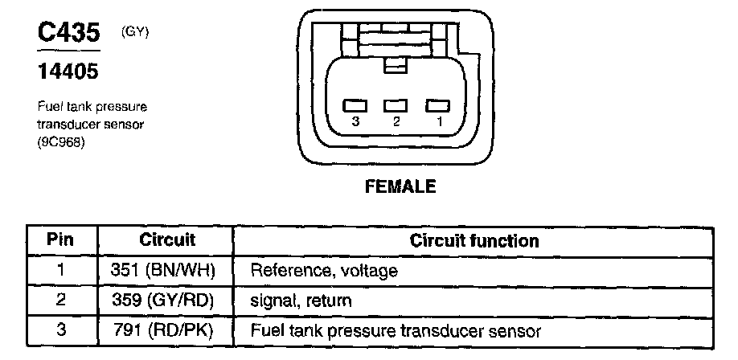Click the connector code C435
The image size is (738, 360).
coord(68,33)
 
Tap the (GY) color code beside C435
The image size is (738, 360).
coord(134,32)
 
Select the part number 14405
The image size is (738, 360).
coord(68,72)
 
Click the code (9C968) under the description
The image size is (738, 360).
coord(61,143)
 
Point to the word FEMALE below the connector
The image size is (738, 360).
coord(400,186)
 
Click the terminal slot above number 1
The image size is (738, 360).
coord(437,105)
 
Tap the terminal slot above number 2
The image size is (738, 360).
coord(396,105)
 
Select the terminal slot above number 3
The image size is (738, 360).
coord(355,105)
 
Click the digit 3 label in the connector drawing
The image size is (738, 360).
coord(356,122)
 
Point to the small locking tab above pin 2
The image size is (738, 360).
coord(396,65)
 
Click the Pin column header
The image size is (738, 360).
coord(60,239)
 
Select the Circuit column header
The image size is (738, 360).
coord(167,240)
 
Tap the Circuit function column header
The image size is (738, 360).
coord(474,240)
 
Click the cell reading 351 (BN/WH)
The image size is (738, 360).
coord(163,270)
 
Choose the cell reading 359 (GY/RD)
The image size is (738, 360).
coord(163,301)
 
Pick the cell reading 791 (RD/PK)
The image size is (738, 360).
coord(163,330)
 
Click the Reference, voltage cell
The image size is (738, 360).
coord(324,271)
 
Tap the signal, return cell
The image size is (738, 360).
coord(301,301)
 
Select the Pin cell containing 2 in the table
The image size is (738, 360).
coord(61,301)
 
